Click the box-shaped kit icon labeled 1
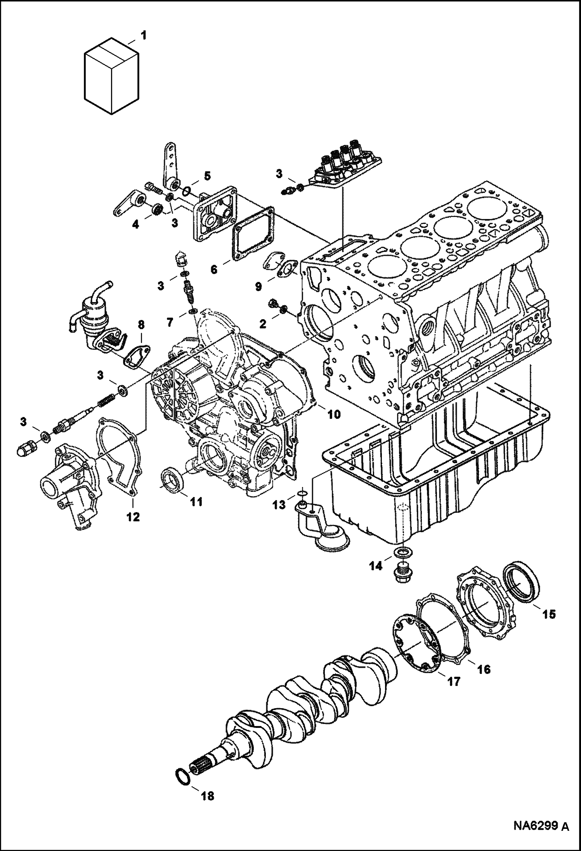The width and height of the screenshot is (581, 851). click(x=111, y=76)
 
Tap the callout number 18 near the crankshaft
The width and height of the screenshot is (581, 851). click(x=208, y=796)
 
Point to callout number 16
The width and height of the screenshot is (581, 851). click(x=484, y=669)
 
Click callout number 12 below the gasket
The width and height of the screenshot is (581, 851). click(x=133, y=517)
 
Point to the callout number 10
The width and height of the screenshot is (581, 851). click(x=333, y=414)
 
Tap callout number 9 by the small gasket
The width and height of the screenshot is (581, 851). click(x=258, y=287)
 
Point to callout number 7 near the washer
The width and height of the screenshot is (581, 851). click(x=170, y=311)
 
